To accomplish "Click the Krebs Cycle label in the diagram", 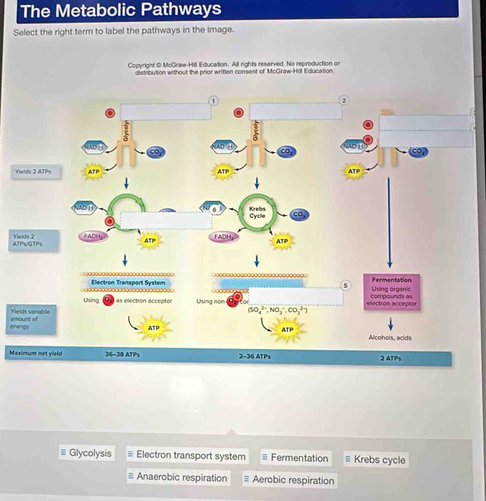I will (257, 212).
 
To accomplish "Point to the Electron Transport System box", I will (128, 283).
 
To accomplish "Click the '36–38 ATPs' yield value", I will (122, 355).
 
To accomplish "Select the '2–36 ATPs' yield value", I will (255, 356).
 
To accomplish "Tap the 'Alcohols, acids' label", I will (390, 338).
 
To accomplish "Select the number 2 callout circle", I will (344, 100).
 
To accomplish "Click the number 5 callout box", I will (346, 284).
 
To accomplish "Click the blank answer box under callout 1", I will (165, 111).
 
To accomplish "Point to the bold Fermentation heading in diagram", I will (392, 279).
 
